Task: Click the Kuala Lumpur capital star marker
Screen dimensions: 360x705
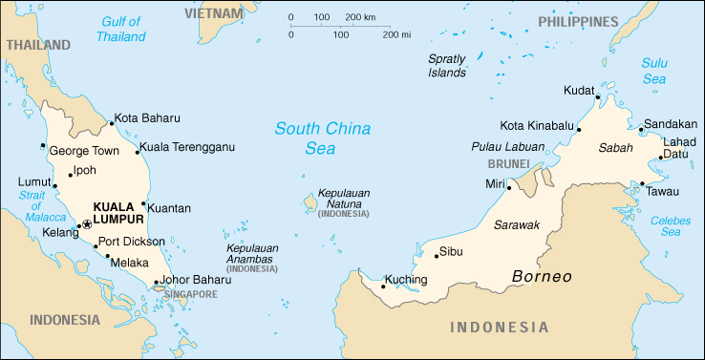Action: (87, 223)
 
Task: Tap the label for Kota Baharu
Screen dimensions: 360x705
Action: (147, 119)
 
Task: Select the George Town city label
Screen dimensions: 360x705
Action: (84, 151)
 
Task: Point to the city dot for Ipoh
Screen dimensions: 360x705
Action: (70, 174)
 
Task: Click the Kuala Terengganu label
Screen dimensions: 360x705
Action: (187, 147)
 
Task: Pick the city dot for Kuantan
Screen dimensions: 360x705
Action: (144, 203)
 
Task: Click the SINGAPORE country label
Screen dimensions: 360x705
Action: (190, 294)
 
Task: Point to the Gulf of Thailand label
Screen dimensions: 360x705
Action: (121, 29)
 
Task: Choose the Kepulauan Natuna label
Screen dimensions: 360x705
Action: (344, 198)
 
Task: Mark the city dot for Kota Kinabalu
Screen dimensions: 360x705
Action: (579, 129)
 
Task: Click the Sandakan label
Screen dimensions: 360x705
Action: (670, 124)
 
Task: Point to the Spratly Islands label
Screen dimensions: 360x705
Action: (447, 65)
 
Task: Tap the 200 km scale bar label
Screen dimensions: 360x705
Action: (360, 18)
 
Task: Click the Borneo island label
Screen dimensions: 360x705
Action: (542, 277)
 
